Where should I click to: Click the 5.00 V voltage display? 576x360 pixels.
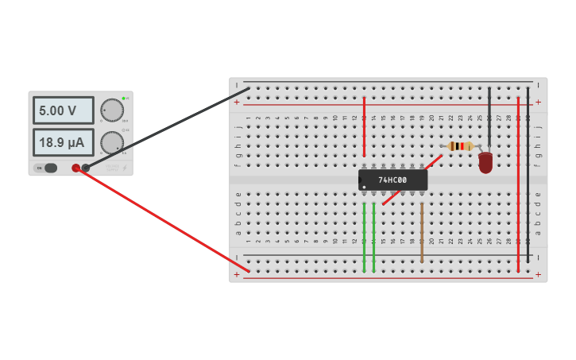(63, 110)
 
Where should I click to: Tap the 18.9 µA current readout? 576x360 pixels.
(63, 142)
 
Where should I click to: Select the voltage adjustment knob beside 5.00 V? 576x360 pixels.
(112, 110)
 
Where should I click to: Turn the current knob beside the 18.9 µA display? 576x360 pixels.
(112, 142)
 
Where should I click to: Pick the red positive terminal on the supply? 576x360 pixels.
(76, 168)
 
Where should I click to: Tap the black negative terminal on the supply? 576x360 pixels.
(86, 168)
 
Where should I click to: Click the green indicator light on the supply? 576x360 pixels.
(124, 99)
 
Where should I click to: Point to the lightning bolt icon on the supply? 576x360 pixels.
(125, 168)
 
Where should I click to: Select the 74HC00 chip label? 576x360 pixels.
(392, 180)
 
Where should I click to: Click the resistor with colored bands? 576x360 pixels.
(460, 146)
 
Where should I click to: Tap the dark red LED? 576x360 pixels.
(485, 162)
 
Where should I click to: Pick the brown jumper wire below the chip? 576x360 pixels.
(422, 232)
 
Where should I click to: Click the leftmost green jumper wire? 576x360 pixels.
(364, 237)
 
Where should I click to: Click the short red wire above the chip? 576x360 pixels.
(364, 127)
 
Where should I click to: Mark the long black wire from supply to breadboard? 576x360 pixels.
(167, 128)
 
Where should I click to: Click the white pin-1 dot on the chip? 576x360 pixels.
(364, 187)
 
